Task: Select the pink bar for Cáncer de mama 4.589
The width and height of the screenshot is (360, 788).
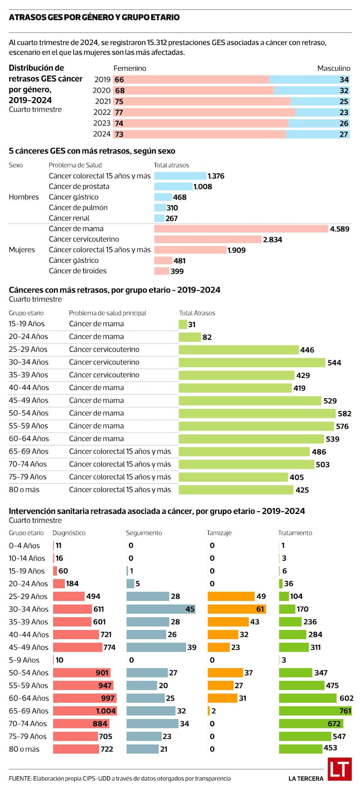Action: click(241, 229)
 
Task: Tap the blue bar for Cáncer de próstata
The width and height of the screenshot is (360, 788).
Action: click(173, 186)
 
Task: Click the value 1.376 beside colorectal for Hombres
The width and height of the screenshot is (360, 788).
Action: click(216, 176)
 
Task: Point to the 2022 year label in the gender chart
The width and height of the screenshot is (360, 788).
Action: click(102, 112)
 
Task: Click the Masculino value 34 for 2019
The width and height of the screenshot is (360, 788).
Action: click(344, 80)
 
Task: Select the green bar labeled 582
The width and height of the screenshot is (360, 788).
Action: click(257, 413)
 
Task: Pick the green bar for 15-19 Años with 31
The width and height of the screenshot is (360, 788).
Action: click(183, 324)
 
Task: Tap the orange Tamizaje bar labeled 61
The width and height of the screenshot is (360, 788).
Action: click(236, 609)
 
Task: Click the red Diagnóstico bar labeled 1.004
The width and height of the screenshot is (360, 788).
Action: click(85, 711)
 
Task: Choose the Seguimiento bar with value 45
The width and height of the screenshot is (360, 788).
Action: click(161, 609)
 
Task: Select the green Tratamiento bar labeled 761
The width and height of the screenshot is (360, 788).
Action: click(315, 711)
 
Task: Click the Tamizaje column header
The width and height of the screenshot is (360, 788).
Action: click(219, 533)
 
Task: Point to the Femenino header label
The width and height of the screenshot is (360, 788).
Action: click(130, 68)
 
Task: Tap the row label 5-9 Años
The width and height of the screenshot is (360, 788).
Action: click(24, 660)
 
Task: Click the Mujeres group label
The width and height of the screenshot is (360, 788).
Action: click(22, 250)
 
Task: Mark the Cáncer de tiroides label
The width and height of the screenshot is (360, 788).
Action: click(77, 271)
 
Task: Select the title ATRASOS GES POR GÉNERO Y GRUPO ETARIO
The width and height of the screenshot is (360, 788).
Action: click(94, 18)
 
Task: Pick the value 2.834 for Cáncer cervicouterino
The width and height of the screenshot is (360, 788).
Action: click(272, 239)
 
